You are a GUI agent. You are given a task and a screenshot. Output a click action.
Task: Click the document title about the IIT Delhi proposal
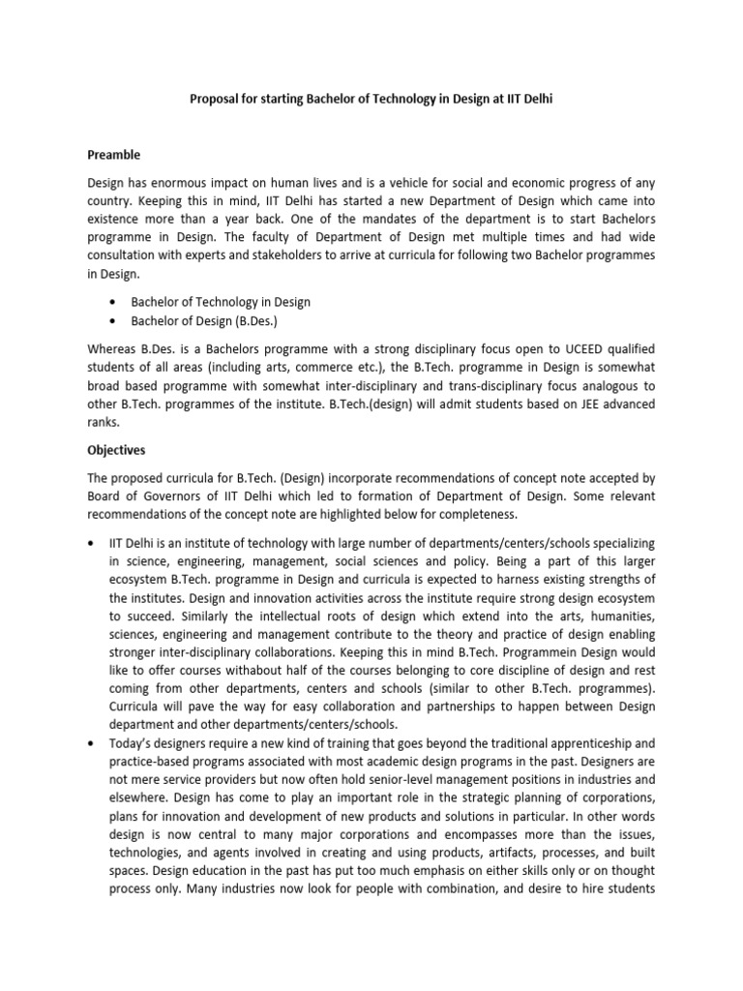pos(371,100)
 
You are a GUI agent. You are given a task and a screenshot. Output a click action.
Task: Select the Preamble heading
pos(114,155)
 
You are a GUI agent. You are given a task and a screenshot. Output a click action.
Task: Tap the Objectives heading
pos(118,450)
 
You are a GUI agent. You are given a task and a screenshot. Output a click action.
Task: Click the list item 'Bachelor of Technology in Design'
pos(221,303)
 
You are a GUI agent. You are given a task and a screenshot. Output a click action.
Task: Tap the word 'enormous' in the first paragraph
pos(191,183)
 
